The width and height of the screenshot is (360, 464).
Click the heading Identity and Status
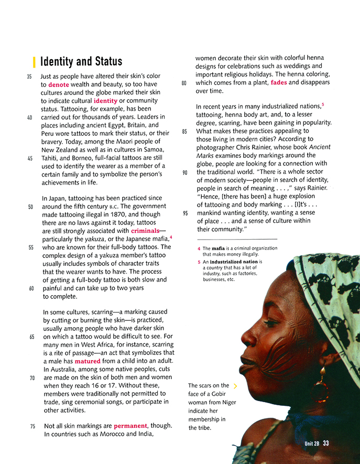(81, 61)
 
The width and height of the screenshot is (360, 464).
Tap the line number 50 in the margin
(30, 207)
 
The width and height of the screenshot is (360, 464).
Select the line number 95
(185, 213)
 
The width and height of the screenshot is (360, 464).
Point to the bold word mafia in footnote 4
(219, 249)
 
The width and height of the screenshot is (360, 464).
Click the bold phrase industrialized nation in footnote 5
(235, 262)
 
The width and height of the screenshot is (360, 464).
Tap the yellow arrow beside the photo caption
(235, 386)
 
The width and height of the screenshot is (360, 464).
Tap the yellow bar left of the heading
(34, 61)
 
